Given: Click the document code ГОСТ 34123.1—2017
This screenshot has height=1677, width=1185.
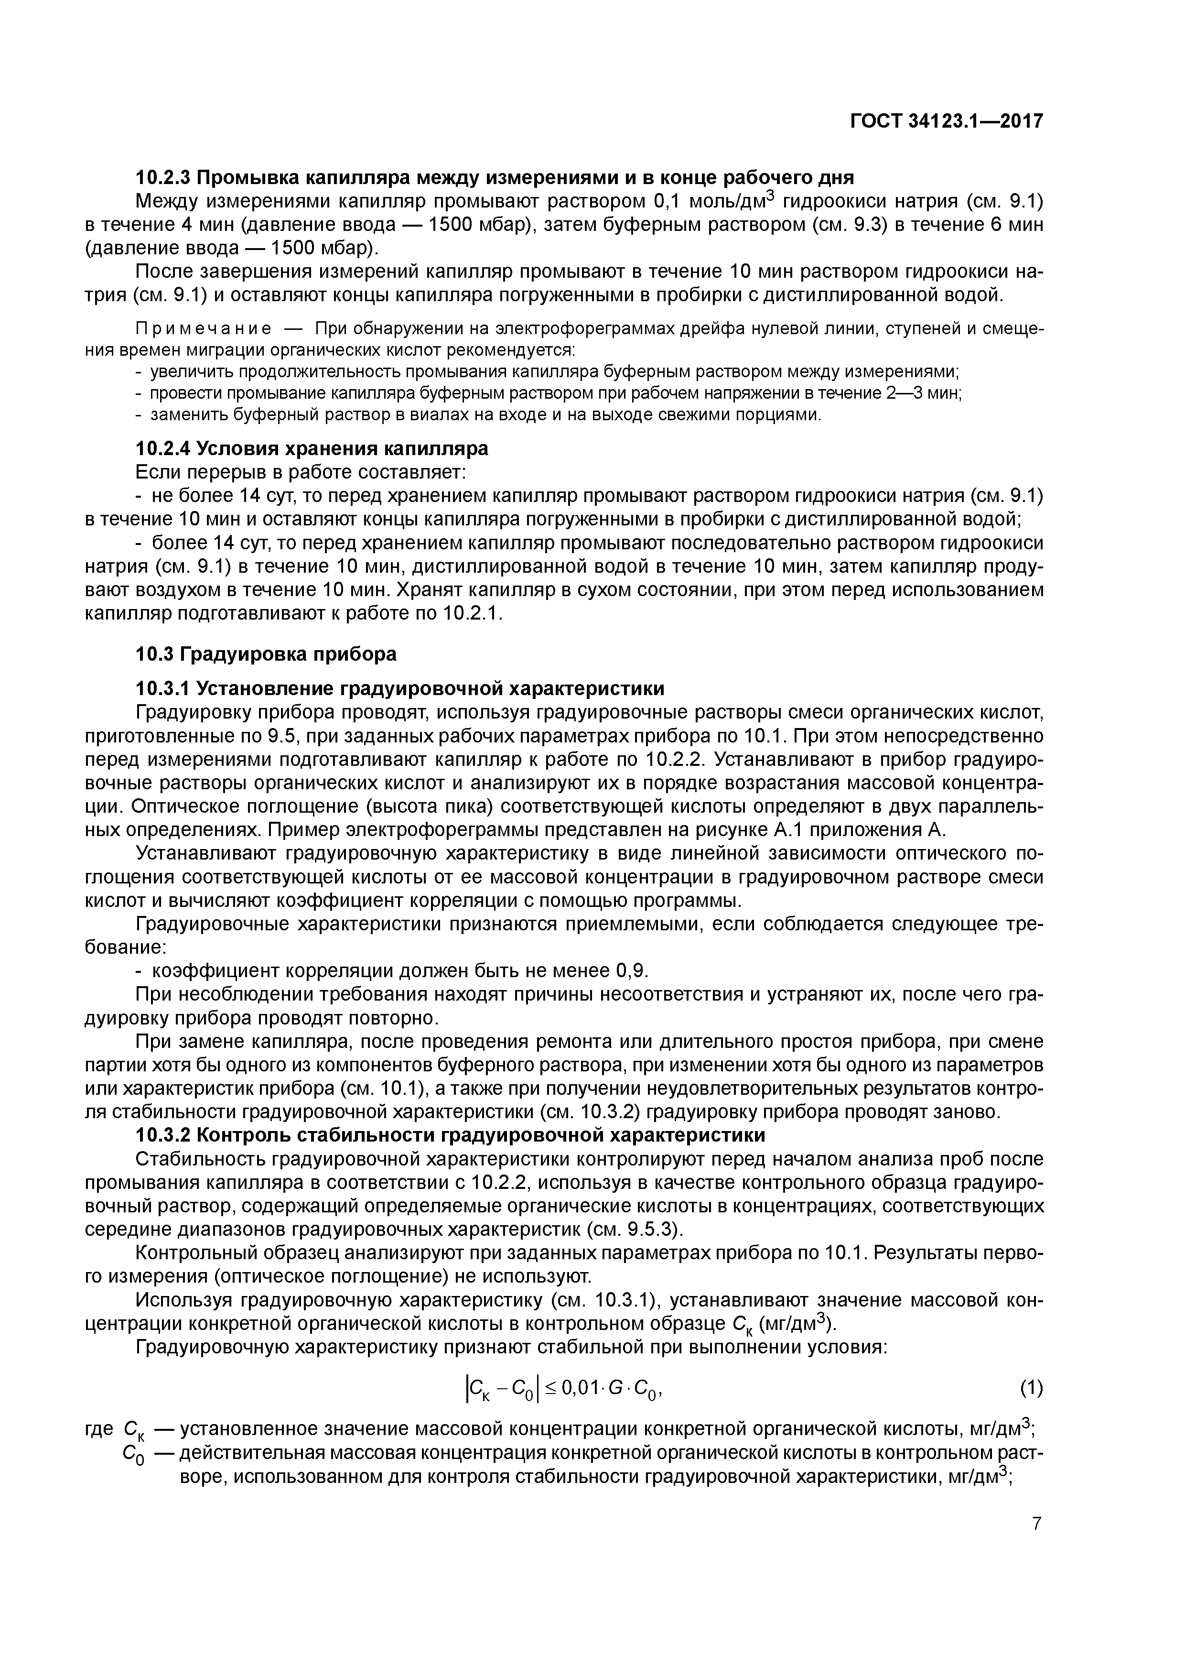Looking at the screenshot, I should [946, 121].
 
